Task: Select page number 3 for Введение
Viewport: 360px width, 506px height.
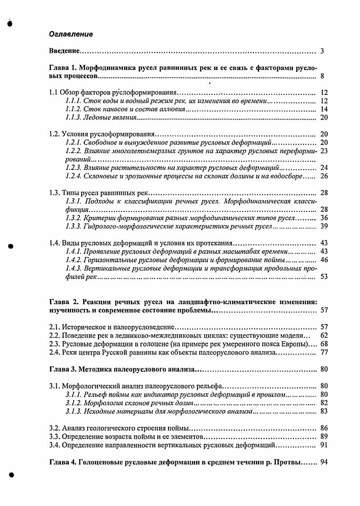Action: pos(322,51)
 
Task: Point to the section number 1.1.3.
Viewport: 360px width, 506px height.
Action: pos(73,117)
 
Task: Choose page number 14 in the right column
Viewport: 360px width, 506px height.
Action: pos(323,109)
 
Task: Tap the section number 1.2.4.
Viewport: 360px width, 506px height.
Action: pos(73,176)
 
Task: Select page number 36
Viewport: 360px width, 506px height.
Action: pos(323,217)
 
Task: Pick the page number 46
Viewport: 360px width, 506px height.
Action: pos(323,260)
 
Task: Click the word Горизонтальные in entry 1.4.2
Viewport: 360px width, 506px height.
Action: pos(108,260)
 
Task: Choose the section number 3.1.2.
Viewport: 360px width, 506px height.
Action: pos(73,403)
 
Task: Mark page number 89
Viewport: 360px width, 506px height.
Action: pos(323,436)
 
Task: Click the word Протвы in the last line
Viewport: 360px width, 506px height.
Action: pos(287,462)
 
